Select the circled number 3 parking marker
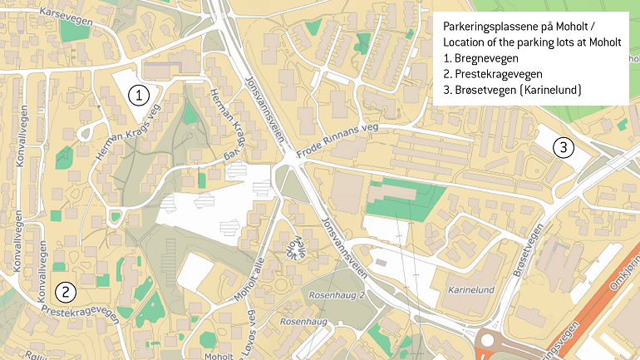[x=564, y=148]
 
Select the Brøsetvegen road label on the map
[x=531, y=249]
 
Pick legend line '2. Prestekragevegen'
[x=493, y=74]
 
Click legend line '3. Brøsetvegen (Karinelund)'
[x=512, y=90]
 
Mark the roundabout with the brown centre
[x=490, y=343]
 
